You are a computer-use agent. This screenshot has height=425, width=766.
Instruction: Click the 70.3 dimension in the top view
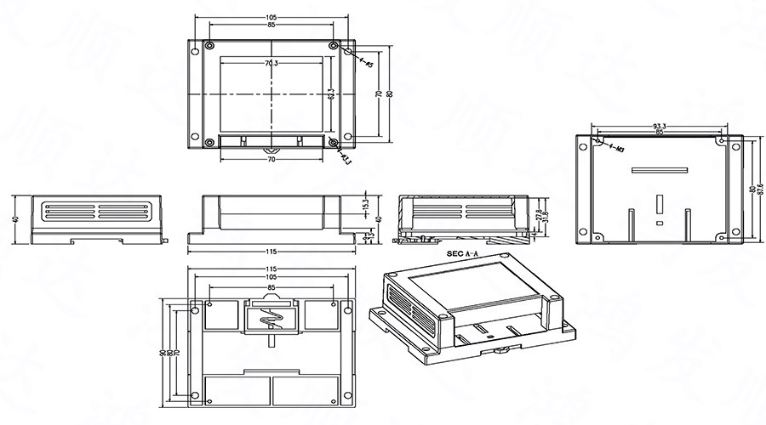click(x=272, y=64)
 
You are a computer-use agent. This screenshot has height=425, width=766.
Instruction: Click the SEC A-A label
click(x=463, y=253)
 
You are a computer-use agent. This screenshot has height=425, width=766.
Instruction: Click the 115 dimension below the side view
click(x=272, y=252)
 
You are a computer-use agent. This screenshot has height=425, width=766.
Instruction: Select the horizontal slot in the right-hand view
click(x=659, y=171)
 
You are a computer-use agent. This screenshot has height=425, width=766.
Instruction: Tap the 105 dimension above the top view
click(x=272, y=17)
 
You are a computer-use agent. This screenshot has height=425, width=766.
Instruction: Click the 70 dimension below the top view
click(x=272, y=159)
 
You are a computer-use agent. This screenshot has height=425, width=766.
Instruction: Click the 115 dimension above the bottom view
click(x=272, y=270)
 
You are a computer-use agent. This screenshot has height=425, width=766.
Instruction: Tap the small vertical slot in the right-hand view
click(x=659, y=204)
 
